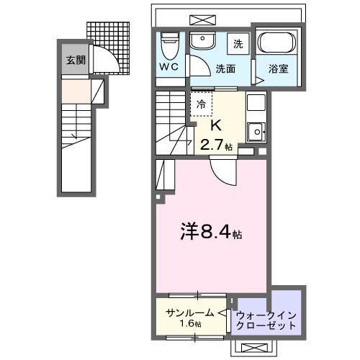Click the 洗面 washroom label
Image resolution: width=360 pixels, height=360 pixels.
[x=225, y=70]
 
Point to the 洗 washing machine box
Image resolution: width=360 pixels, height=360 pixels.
[x=238, y=44]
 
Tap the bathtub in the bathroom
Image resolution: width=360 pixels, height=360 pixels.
[x=277, y=44]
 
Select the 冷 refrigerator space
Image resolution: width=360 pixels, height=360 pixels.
[x=202, y=104]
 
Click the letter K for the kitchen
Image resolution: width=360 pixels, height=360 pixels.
[x=214, y=127]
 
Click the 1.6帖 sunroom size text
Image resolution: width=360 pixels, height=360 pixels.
[x=190, y=324]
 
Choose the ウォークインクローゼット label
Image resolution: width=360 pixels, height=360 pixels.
[x=266, y=320]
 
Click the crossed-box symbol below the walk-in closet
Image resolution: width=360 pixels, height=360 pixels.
[x=253, y=348]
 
